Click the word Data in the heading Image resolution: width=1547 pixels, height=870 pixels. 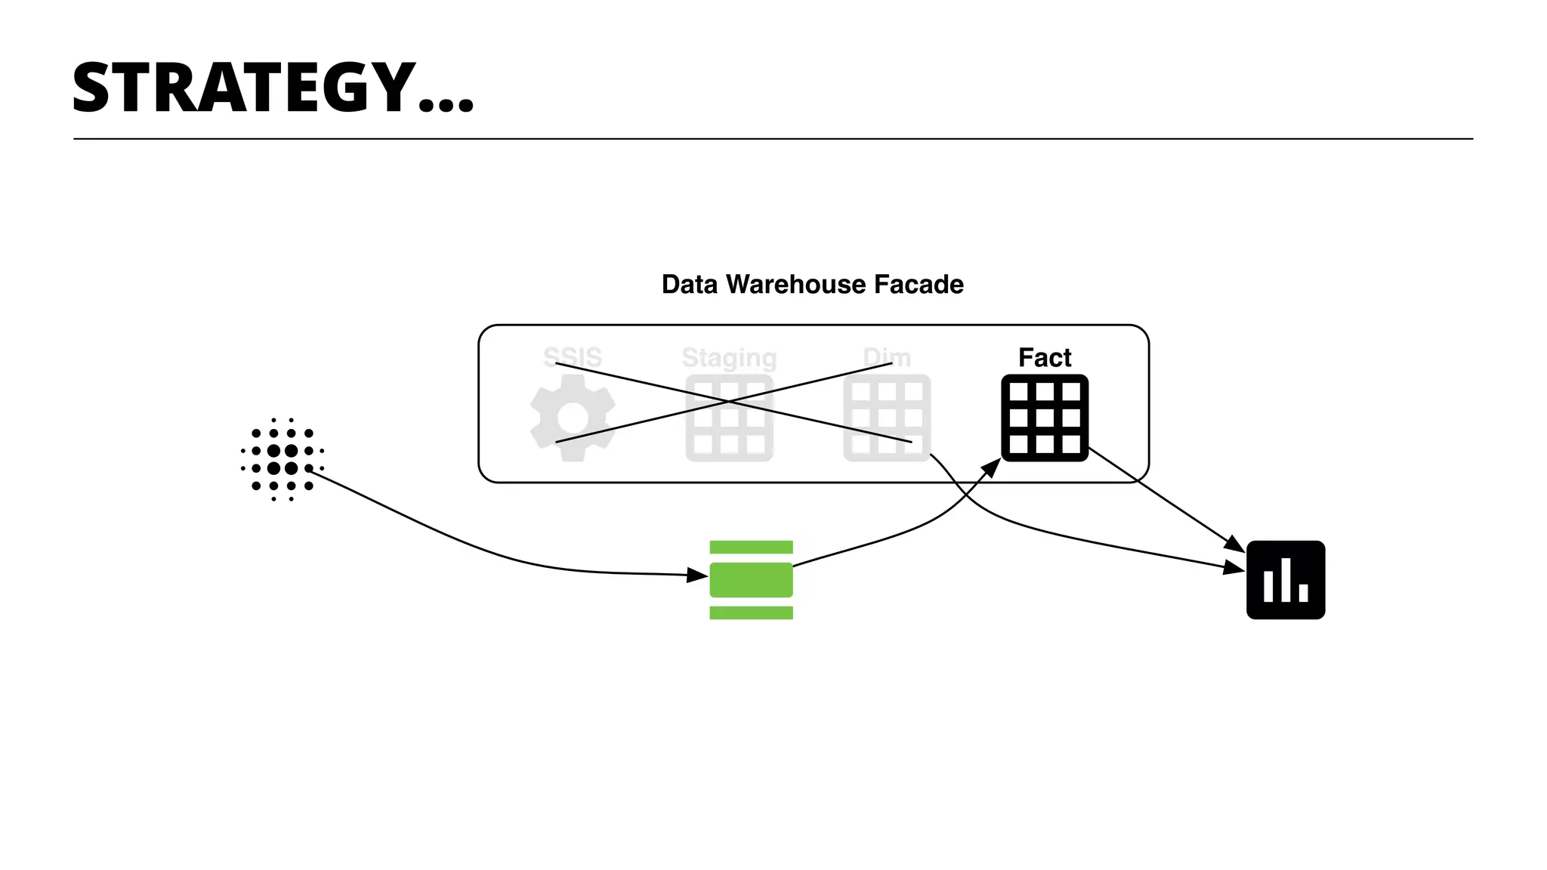pos(690,285)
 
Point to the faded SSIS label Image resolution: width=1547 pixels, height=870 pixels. pos(573,357)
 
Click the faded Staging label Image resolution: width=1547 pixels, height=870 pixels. pos(729,357)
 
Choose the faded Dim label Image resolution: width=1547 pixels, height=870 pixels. pos(887,357)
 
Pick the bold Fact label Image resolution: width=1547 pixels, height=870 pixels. pos(1045,357)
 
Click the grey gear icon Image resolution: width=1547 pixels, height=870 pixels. pos(573,418)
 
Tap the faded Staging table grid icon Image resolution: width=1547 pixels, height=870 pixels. pos(729,418)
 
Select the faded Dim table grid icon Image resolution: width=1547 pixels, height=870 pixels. pos(887,418)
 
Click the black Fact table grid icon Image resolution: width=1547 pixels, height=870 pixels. pos(1045,418)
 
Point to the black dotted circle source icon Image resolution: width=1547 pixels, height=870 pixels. pos(283,459)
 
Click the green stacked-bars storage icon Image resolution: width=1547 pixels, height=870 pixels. pos(751,580)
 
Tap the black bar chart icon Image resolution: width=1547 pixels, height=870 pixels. pos(1286,580)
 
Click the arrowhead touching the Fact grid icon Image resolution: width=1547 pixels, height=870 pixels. pos(992,466)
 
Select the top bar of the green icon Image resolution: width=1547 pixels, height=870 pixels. pos(751,548)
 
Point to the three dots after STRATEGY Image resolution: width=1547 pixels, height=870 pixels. pos(446,105)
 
